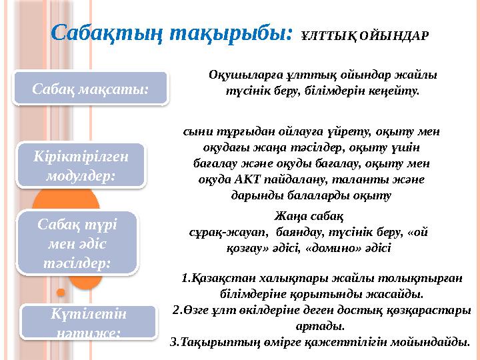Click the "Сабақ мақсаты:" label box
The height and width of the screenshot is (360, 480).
pyautogui.click(x=91, y=89)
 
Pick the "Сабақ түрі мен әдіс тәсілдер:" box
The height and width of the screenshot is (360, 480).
pyautogui.click(x=79, y=242)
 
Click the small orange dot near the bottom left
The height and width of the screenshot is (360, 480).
pyautogui.click(x=61, y=292)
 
